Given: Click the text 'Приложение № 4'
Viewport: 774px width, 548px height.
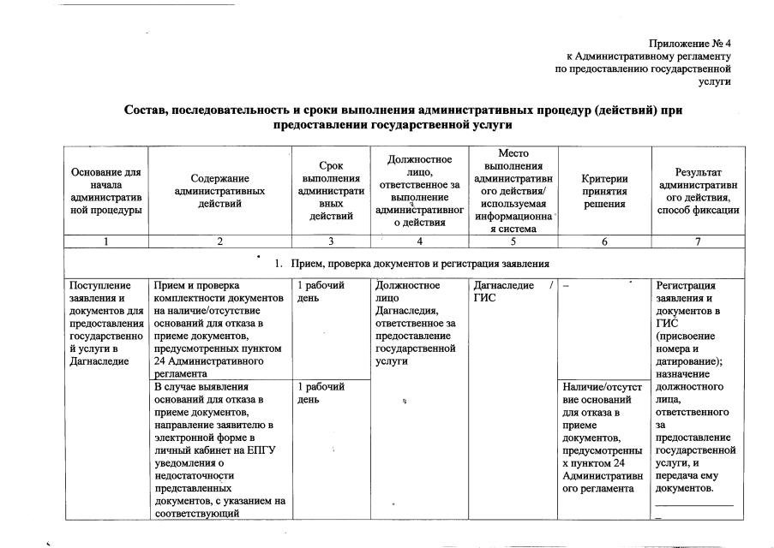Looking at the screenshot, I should tap(689, 43).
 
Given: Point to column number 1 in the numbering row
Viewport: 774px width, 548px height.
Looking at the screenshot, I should tap(106, 241).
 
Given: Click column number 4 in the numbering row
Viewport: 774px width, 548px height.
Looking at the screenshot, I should tap(419, 241).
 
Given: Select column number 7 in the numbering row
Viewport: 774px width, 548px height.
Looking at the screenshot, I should tap(698, 241).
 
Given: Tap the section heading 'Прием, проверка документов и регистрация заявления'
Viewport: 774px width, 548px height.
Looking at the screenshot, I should tap(420, 263).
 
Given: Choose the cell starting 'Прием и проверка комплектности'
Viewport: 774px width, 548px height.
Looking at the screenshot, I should tap(219, 328).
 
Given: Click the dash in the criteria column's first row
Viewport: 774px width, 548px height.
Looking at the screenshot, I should tap(567, 286).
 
